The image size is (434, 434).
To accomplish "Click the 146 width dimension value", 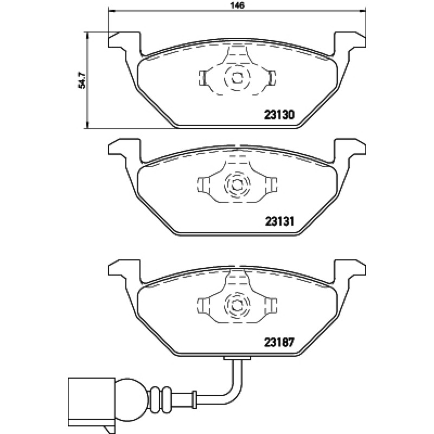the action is click(x=238, y=5).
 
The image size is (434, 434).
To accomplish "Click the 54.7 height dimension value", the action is click(x=82, y=80).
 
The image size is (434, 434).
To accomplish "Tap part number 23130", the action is click(x=279, y=114).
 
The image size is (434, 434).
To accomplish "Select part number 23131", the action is click(x=279, y=221).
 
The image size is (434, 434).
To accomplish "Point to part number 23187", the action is click(x=279, y=343).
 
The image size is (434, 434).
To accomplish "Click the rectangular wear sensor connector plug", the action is click(x=92, y=402).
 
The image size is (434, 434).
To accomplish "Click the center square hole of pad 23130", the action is click(x=237, y=78).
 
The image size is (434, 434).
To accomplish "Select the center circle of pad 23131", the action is click(x=237, y=185).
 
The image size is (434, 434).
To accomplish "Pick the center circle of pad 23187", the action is click(x=237, y=305).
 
